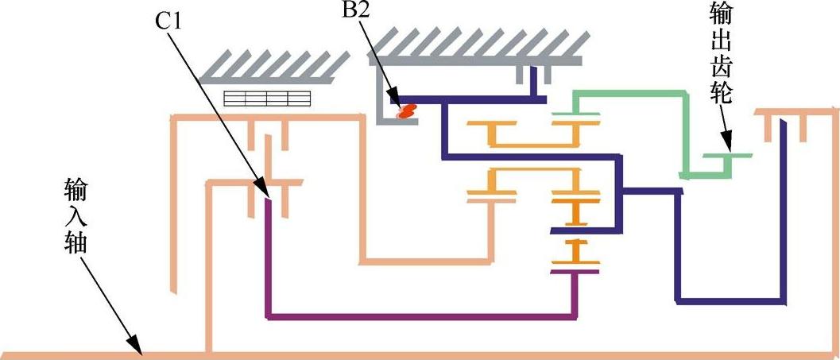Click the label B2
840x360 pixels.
[358, 13]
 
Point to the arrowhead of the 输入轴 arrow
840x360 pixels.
[139, 350]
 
